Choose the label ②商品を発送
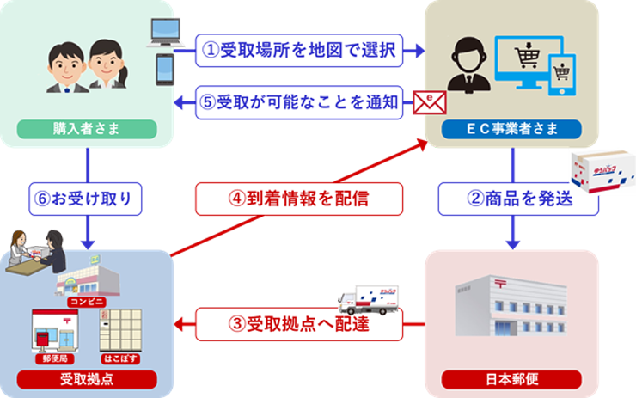click(x=519, y=199)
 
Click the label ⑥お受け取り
click(x=83, y=199)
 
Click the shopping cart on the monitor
click(x=524, y=58)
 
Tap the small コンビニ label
click(x=86, y=303)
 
